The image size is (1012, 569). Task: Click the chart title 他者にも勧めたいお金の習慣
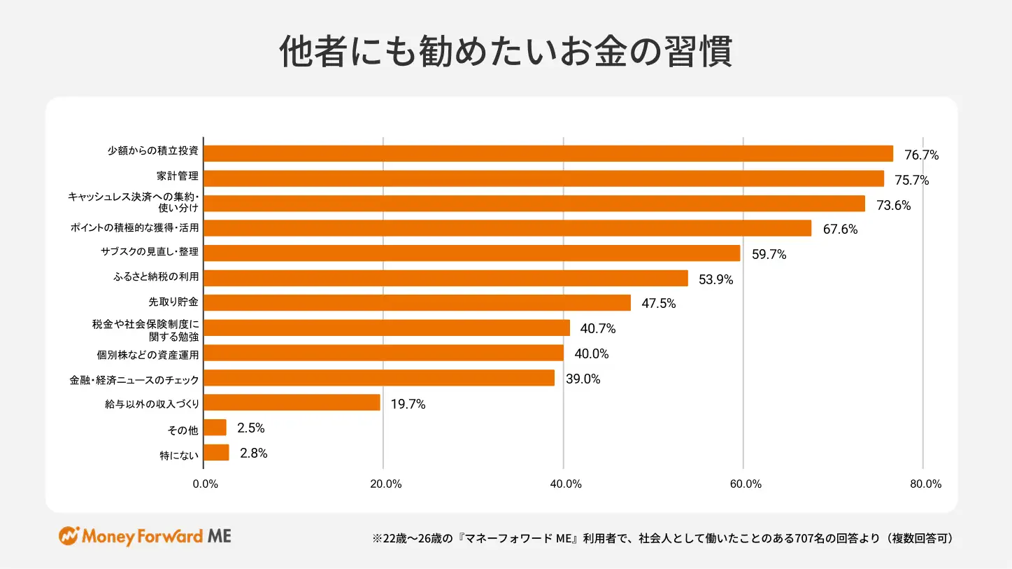[x=506, y=52]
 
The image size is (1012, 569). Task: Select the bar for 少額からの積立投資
[x=548, y=153]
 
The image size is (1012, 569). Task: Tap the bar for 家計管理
[x=543, y=178]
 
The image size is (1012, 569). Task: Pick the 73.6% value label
[x=893, y=206]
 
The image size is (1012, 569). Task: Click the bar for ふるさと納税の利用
[x=446, y=278]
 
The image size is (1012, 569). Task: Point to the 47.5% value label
[x=659, y=304]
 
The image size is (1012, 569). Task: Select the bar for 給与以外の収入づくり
[x=292, y=402]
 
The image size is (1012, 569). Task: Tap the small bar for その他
[x=215, y=428]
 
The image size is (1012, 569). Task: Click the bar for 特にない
[x=216, y=453]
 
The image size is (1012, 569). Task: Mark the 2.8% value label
[x=253, y=454]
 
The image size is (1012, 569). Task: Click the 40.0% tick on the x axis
[x=566, y=484]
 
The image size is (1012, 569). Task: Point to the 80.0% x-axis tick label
[x=925, y=484]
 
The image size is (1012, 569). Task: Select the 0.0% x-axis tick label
[x=205, y=484]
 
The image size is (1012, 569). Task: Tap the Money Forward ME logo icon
[x=69, y=537]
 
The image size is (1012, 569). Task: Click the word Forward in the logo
[x=167, y=537]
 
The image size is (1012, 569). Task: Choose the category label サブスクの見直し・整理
[x=150, y=252]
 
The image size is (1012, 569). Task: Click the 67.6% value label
[x=840, y=230]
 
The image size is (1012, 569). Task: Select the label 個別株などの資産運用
[x=148, y=354]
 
